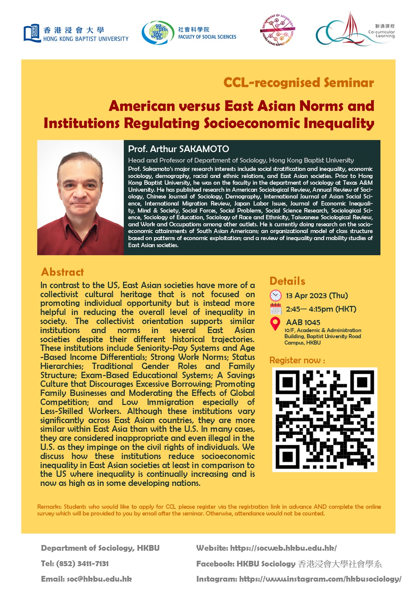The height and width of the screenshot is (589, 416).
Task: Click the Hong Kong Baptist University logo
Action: (76, 34)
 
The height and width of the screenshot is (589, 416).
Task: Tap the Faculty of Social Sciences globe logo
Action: (158, 33)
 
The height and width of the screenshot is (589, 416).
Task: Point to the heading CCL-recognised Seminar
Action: (298, 83)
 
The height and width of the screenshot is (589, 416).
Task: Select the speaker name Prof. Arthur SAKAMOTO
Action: (178, 149)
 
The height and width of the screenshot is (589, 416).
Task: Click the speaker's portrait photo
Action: (81, 197)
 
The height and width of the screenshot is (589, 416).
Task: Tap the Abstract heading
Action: (62, 272)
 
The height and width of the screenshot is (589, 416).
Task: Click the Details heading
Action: (287, 281)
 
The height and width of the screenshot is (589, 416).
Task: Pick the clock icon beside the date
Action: (275, 296)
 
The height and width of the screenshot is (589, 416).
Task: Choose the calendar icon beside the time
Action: (275, 309)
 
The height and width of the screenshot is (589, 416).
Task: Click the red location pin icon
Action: (275, 323)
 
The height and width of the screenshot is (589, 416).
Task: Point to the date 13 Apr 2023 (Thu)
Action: (317, 296)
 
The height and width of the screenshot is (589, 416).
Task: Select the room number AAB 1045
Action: (303, 322)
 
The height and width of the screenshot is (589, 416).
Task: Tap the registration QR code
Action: (324, 419)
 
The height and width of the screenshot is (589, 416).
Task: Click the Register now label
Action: (297, 360)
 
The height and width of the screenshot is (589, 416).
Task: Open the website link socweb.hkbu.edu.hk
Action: (283, 548)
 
